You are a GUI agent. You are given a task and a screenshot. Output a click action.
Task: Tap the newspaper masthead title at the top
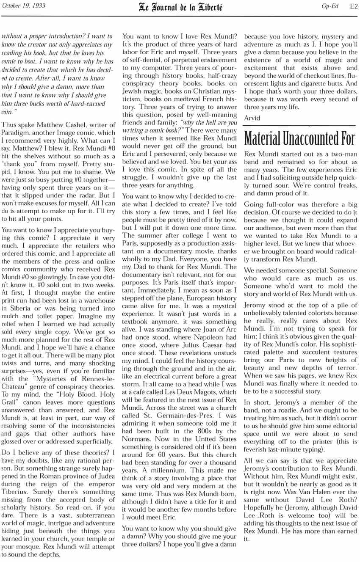(x=180, y=7)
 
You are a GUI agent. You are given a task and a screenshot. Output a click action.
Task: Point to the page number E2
(x=353, y=6)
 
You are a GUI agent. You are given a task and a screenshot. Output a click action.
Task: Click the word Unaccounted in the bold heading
(x=304, y=138)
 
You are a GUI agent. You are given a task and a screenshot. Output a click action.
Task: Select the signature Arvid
(x=252, y=118)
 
